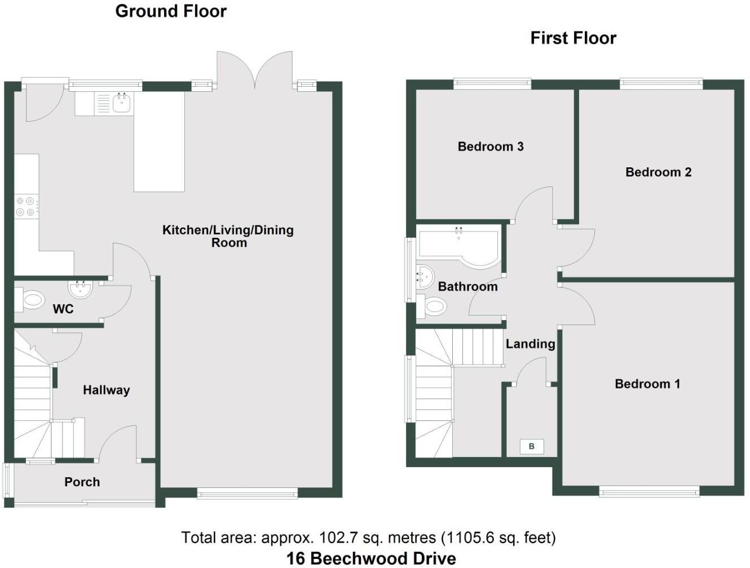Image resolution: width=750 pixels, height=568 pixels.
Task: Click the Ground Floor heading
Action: tap(170, 11)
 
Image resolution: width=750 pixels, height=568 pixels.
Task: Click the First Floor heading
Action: tap(573, 38)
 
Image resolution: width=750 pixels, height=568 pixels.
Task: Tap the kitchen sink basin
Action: tap(122, 103)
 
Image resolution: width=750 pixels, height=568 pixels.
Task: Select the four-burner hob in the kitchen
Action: tap(27, 206)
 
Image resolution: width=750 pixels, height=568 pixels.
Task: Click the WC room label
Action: tap(63, 309)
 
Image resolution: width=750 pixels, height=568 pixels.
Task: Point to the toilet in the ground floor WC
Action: tap(31, 300)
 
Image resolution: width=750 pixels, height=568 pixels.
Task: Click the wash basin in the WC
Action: tap(80, 290)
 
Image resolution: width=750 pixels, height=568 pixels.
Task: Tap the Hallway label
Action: tap(106, 390)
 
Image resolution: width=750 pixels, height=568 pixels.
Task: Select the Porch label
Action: tap(82, 482)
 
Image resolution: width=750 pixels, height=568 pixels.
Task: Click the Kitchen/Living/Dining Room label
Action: tap(228, 236)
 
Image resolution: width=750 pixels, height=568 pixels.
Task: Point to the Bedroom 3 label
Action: tap(490, 147)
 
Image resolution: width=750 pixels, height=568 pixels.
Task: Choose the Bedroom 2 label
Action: tap(658, 172)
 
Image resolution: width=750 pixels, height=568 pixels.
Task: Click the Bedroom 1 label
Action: tap(647, 384)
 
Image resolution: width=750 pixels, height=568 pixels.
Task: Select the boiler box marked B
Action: tap(531, 447)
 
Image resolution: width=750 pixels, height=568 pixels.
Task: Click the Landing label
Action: tap(530, 344)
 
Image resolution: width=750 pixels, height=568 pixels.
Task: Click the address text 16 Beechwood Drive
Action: tap(371, 558)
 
